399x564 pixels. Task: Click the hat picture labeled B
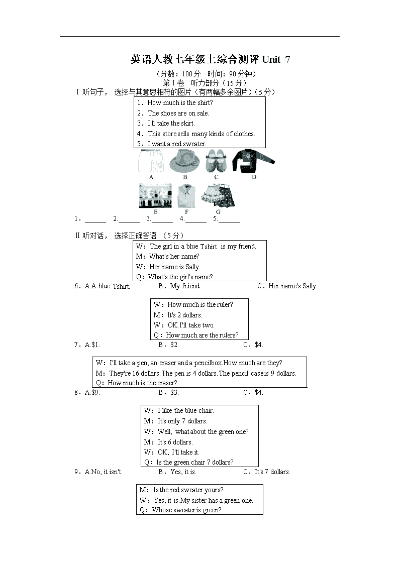coord(184,161)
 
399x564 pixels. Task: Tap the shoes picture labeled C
coord(216,161)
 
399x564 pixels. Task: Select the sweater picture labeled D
coord(253,161)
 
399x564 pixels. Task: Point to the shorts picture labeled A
coord(151,161)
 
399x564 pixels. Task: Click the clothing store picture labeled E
coord(155,196)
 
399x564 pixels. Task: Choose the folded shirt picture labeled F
coord(186,196)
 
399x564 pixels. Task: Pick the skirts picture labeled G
coord(218,195)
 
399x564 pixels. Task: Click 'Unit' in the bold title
coord(271,59)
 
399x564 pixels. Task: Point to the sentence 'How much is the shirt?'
coord(180,102)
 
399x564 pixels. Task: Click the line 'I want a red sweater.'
coord(177,144)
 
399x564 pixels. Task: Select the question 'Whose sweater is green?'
coord(187,510)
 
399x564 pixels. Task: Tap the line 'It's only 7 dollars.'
coord(182,421)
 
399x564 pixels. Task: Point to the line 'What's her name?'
coord(174,256)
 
